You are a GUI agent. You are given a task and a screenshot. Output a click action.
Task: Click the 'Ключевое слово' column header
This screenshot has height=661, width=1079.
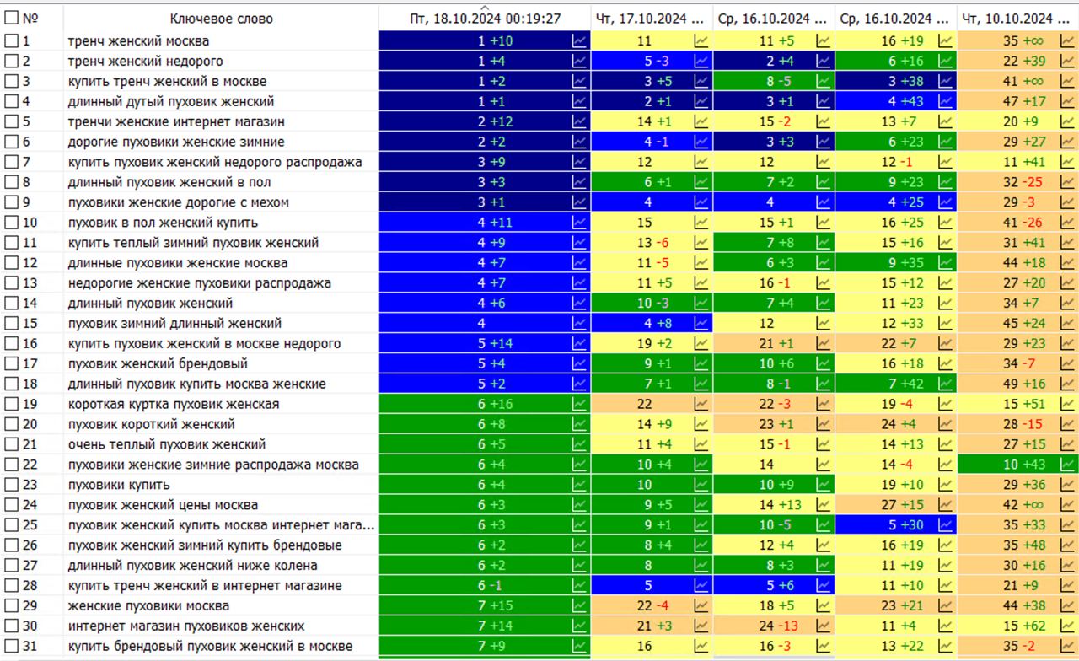(221, 19)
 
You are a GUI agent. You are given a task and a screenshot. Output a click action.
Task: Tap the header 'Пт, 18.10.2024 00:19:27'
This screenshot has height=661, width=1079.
(485, 19)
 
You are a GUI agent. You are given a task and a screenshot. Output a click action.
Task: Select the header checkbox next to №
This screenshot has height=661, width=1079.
(11, 18)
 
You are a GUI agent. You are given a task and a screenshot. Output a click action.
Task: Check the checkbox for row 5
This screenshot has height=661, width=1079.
(11, 121)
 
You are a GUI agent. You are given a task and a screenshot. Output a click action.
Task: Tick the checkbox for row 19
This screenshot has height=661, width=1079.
(11, 404)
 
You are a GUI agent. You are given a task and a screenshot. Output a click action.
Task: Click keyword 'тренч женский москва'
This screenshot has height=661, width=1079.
(138, 41)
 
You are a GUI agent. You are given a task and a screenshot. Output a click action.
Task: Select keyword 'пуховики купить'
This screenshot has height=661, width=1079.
(119, 485)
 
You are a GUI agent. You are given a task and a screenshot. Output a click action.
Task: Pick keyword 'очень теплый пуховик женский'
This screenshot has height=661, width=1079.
(167, 444)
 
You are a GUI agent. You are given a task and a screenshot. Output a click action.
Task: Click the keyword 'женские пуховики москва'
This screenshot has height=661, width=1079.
(148, 605)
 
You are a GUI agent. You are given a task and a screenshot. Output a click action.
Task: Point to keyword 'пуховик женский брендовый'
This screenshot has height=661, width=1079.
(158, 363)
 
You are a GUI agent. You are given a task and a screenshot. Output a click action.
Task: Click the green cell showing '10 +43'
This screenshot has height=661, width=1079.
(1017, 465)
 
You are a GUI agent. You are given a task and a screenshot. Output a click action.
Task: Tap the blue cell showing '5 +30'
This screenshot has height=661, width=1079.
(896, 524)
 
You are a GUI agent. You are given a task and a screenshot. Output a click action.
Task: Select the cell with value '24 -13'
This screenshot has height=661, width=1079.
(774, 626)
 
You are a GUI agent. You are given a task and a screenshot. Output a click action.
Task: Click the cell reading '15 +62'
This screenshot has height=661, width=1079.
(1017, 626)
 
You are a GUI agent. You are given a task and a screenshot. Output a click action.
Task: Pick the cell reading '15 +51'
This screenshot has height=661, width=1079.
(1017, 404)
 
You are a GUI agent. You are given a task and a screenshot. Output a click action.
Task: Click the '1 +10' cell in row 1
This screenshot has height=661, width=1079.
(485, 41)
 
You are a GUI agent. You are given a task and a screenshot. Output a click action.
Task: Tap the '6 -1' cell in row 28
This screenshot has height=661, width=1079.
(485, 585)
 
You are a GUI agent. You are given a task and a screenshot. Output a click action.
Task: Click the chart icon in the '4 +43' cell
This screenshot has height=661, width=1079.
(945, 101)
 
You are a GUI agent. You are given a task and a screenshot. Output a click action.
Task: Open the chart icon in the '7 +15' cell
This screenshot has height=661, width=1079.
(579, 605)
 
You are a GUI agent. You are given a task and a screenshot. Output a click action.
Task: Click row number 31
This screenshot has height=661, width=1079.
(30, 646)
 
